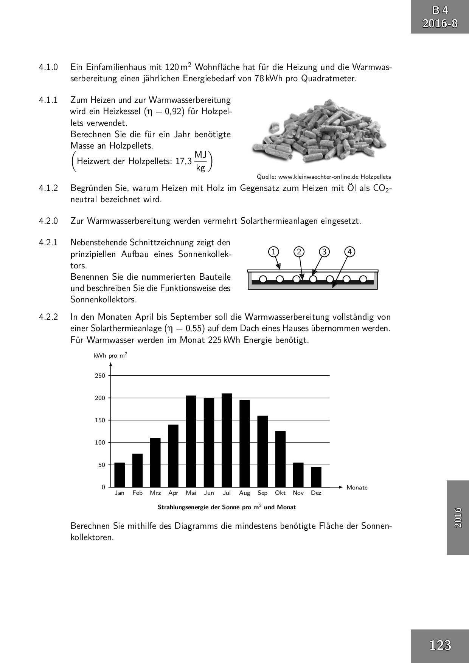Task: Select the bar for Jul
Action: pyautogui.click(x=227, y=440)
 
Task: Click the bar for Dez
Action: pyautogui.click(x=316, y=477)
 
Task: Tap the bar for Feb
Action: pyautogui.click(x=137, y=470)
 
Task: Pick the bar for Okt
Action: pyautogui.click(x=280, y=459)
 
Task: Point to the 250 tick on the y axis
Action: pyautogui.click(x=100, y=376)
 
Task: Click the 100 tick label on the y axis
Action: pyautogui.click(x=100, y=443)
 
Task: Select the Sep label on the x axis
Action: pyautogui.click(x=262, y=493)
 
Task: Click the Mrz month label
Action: pyautogui.click(x=155, y=493)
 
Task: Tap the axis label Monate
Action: pyautogui.click(x=357, y=488)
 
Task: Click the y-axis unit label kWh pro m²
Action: pyautogui.click(x=110, y=356)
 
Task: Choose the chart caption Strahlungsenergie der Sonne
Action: pyautogui.click(x=227, y=507)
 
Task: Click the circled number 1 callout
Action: pyautogui.click(x=273, y=252)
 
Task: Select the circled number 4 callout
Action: pyautogui.click(x=350, y=252)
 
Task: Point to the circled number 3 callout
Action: pyautogui.click(x=324, y=252)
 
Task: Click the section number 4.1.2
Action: pyautogui.click(x=48, y=188)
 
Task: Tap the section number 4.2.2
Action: pyautogui.click(x=48, y=317)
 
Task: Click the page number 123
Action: pyautogui.click(x=440, y=645)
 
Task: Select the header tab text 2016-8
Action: pyautogui.click(x=440, y=24)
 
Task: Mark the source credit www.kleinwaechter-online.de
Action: pyautogui.click(x=324, y=177)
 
